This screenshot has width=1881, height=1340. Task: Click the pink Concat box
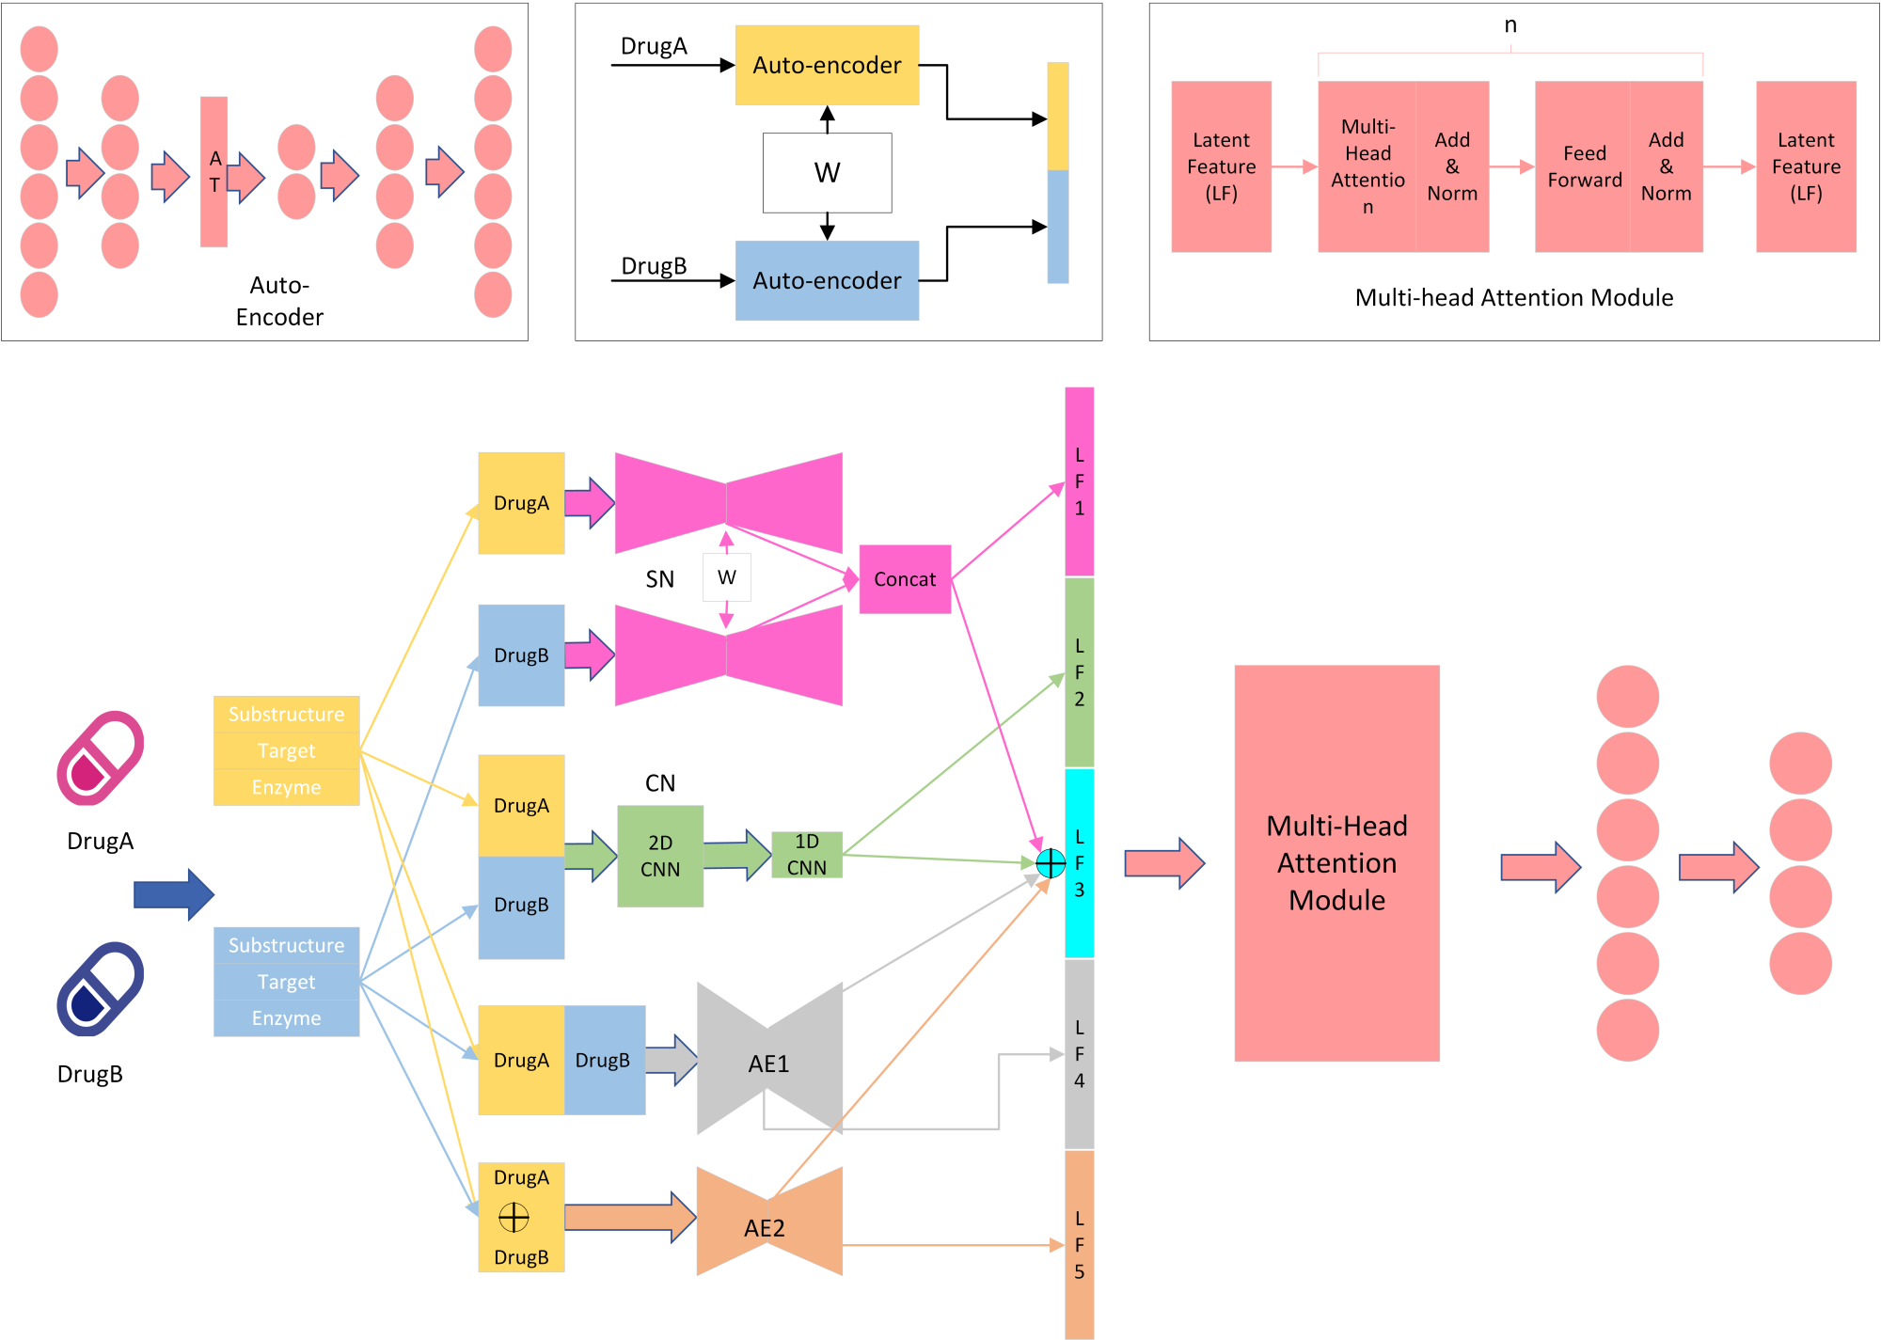point(905,579)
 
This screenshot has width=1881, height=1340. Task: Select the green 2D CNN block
point(660,856)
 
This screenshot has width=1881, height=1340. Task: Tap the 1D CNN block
point(806,855)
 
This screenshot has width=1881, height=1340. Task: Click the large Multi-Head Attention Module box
point(1336,862)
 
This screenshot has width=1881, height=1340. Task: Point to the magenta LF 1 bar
point(1079,481)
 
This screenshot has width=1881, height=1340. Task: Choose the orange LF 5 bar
point(1079,1243)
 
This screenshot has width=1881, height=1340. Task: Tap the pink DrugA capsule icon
point(100,758)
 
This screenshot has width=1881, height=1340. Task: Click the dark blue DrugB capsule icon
point(100,989)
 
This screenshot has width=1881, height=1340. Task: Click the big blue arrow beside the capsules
point(174,894)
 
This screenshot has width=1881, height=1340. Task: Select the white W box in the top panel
point(827,173)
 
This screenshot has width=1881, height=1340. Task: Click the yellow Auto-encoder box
point(827,65)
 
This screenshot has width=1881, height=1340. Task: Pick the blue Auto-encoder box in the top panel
point(827,280)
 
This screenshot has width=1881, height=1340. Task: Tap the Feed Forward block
point(1584,166)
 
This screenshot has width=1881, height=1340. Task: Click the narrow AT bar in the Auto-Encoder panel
point(213,171)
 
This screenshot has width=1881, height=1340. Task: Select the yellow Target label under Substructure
point(286,750)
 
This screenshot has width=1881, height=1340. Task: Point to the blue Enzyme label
point(286,1017)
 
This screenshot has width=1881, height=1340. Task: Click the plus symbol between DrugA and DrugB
point(514,1217)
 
